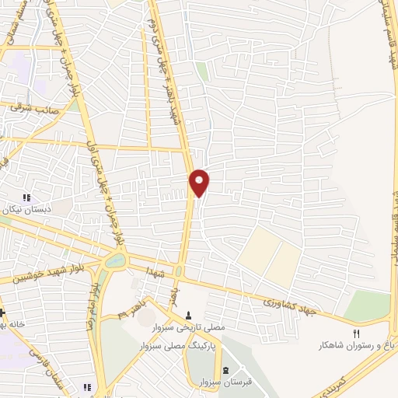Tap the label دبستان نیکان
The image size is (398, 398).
point(29,209)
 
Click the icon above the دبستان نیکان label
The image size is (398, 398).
point(26,198)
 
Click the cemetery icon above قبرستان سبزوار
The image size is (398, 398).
point(226,370)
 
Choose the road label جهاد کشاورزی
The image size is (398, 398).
point(288,305)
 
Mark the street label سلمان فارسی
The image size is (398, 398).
point(40,365)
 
